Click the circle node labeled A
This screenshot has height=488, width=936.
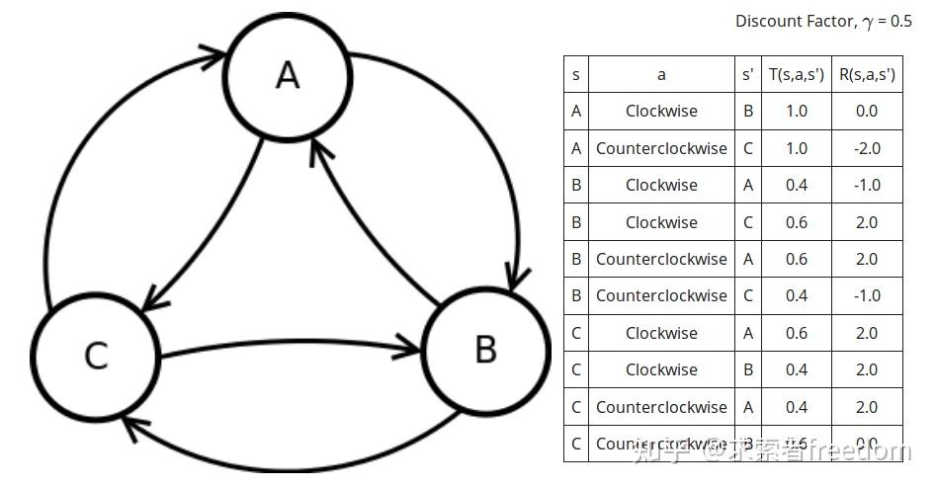(x=287, y=75)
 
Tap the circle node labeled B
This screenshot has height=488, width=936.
(x=485, y=349)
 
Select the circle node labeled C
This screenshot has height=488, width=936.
(x=96, y=355)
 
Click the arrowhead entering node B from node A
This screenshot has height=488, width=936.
(x=513, y=278)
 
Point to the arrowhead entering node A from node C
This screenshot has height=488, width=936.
(x=213, y=55)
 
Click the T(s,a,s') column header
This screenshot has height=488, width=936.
(x=796, y=74)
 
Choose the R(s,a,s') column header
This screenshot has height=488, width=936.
(x=866, y=74)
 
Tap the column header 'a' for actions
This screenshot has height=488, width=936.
(x=661, y=74)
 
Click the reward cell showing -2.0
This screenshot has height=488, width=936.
(x=866, y=148)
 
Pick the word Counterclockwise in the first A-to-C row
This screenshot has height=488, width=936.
(x=661, y=148)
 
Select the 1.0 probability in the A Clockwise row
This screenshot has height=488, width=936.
(x=796, y=111)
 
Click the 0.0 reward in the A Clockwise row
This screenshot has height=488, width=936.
(x=866, y=111)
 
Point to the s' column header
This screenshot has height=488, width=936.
(x=747, y=74)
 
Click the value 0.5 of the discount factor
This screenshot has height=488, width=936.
(x=899, y=21)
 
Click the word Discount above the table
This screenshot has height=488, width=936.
(x=767, y=21)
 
